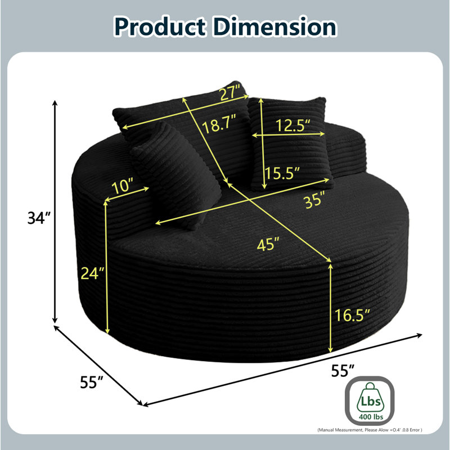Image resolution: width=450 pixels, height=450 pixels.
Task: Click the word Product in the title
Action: pos(160,27)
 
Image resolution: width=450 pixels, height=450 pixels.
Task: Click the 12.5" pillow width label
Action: pos(292,125)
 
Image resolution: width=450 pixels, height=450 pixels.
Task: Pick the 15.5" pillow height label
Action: pos(282,173)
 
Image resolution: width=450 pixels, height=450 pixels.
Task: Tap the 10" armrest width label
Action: pos(122,186)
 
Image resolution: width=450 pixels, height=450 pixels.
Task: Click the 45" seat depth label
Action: pos(268,245)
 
